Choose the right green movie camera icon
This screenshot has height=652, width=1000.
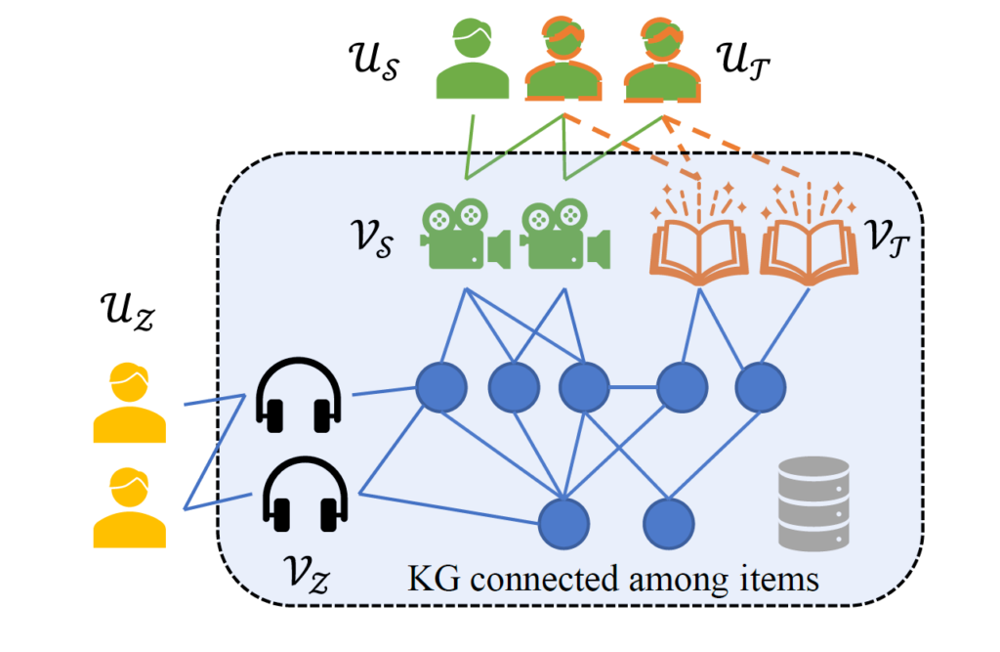point(565,234)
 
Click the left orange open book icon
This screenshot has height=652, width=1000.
point(699,239)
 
